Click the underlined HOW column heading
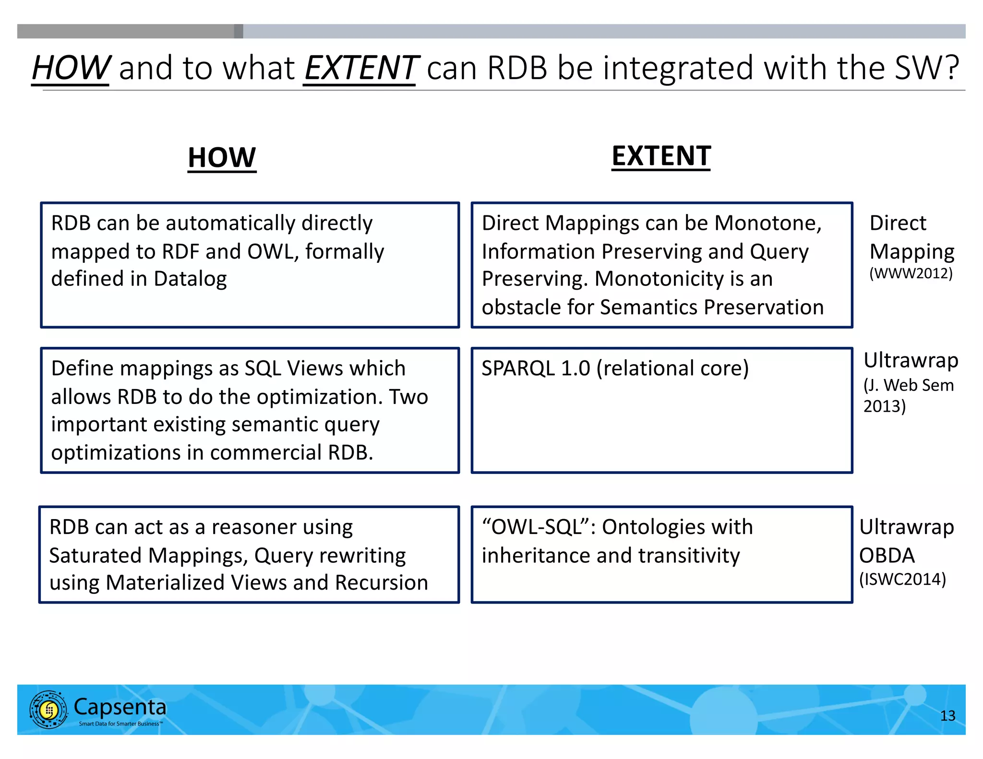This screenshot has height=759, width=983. point(222,158)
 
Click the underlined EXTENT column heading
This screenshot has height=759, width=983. point(661,156)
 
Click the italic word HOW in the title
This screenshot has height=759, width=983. point(71,68)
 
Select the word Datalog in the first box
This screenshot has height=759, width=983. point(190,279)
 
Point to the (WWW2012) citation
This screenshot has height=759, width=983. point(911,273)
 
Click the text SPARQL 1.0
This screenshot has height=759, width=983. point(535,368)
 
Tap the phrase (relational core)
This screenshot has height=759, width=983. point(672,368)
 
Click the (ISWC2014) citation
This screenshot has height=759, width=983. point(902,580)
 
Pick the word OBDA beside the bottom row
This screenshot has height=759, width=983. point(887,556)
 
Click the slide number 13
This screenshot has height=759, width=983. point(947,716)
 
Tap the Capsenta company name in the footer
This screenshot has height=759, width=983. point(120,707)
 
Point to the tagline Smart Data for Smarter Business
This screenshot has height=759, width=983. point(120,724)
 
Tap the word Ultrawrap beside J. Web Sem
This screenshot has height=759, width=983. point(911,360)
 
